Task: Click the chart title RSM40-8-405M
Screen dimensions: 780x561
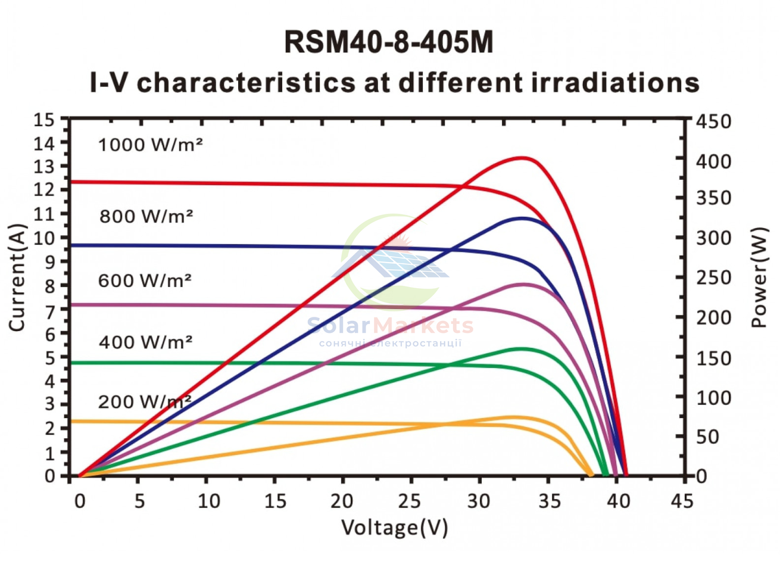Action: click(389, 42)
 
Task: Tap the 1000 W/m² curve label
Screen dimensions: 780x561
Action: click(151, 145)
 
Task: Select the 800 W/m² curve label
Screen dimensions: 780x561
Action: click(146, 216)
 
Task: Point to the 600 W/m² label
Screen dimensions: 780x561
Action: click(145, 280)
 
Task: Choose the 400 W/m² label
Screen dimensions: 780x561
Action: click(145, 342)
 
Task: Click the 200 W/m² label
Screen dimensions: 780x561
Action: click(145, 402)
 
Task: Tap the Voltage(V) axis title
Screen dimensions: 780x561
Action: click(395, 528)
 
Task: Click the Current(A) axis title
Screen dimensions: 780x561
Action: click(17, 278)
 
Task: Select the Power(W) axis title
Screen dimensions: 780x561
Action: click(759, 278)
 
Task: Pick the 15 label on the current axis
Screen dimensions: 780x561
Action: click(44, 120)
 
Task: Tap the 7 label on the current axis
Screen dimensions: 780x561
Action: click(50, 311)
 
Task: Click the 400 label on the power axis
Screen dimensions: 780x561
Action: click(713, 162)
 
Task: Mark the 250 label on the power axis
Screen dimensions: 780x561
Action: click(713, 278)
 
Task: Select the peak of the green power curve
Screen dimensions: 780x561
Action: click(521, 348)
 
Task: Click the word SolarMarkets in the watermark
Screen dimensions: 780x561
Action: click(391, 326)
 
